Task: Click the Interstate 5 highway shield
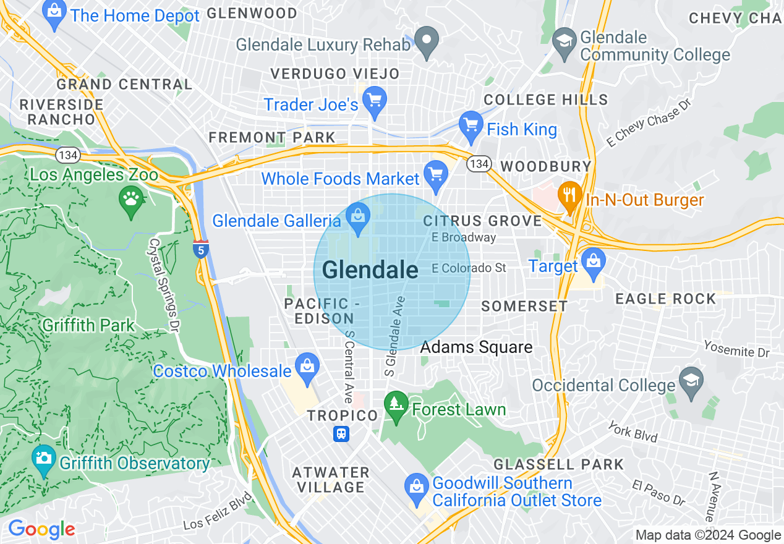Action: tap(200, 249)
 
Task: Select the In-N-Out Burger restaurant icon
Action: tap(569, 195)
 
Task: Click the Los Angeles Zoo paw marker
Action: tap(131, 200)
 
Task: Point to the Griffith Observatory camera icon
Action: tap(43, 459)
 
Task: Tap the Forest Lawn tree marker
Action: tap(396, 405)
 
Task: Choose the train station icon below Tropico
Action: tap(341, 434)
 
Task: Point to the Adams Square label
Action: tap(476, 347)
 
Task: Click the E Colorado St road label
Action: tap(469, 268)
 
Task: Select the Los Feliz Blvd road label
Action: tap(218, 512)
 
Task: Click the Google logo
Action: tap(41, 529)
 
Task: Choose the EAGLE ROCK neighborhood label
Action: tap(665, 299)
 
